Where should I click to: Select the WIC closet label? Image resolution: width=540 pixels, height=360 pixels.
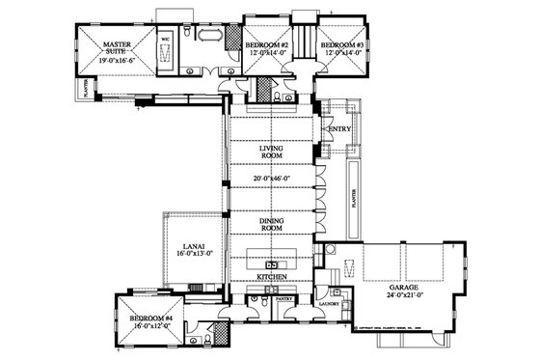(x=165, y=39)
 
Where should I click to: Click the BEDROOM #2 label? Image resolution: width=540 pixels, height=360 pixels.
(x=267, y=45)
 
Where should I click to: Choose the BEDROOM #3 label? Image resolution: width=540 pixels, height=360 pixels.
(x=341, y=45)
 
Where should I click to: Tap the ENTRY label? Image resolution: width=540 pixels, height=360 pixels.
(x=338, y=128)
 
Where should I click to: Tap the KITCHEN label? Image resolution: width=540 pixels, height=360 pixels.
(x=272, y=278)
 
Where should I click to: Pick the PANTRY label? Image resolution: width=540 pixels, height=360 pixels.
(x=284, y=300)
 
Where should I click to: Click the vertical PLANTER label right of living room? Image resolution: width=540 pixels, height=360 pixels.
(x=355, y=200)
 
